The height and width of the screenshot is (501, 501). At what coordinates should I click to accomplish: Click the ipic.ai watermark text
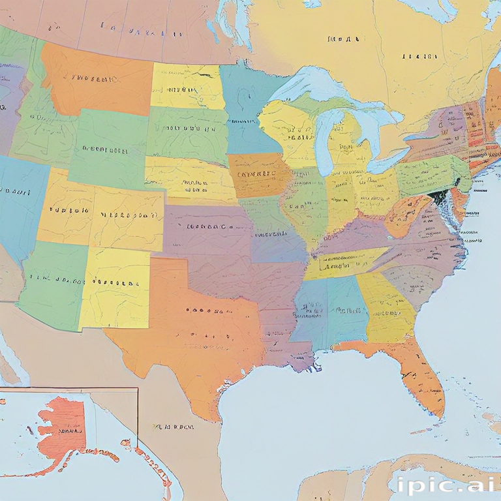(444, 485)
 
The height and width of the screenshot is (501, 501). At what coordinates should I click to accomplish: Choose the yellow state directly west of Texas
(114, 287)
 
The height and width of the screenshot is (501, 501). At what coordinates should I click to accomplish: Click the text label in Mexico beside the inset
(173, 427)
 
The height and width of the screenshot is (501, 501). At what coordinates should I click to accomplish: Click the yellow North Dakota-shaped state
(187, 86)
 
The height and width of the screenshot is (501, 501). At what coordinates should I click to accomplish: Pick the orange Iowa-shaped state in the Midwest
(259, 175)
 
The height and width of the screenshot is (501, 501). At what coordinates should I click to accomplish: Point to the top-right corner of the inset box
(138, 389)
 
